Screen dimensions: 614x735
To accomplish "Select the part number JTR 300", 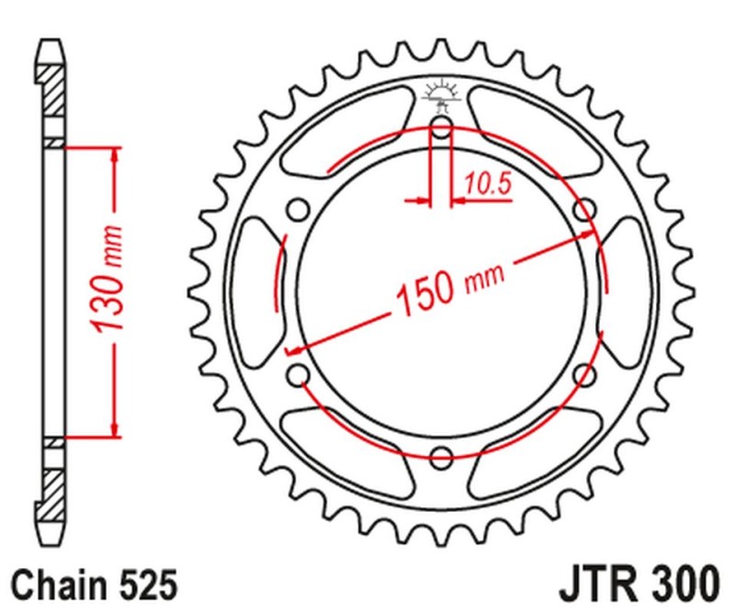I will (638, 583).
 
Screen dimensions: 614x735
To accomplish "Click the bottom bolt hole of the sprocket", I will (441, 457).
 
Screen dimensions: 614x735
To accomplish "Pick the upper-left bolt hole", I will (298, 210).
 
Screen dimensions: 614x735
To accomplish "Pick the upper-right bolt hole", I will (584, 210).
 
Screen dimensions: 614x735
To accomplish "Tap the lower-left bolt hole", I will (298, 373).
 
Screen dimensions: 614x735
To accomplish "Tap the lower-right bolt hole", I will (584, 373).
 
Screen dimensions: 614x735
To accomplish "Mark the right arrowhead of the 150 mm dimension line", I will (588, 234).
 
